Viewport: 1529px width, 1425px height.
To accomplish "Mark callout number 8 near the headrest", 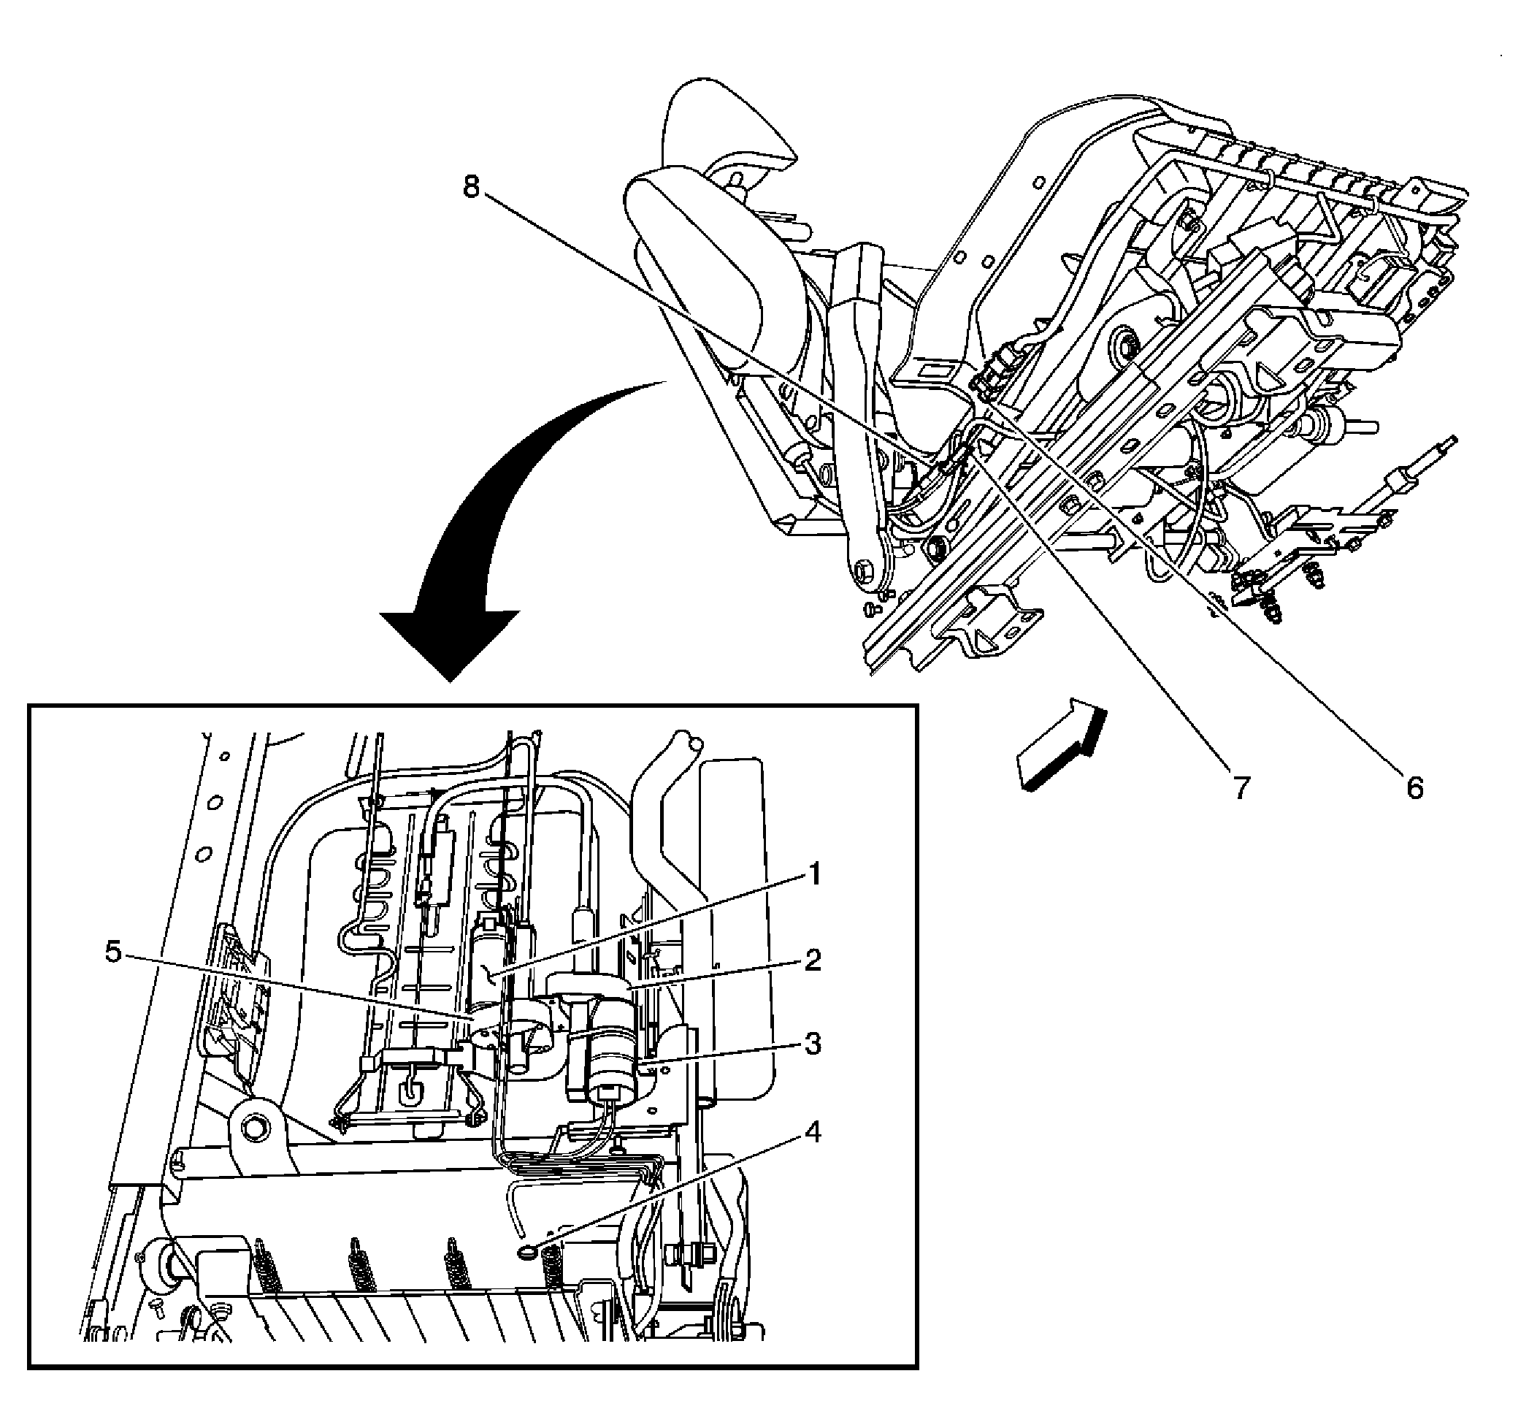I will pos(471,186).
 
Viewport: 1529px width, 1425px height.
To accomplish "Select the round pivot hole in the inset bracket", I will pos(255,1128).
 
